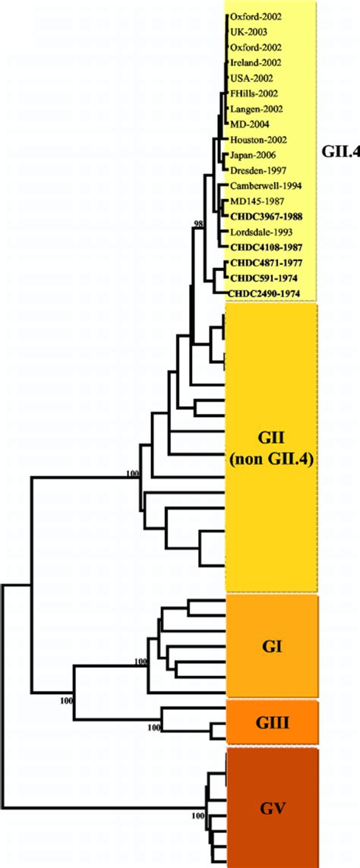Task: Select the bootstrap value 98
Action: (x=200, y=223)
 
